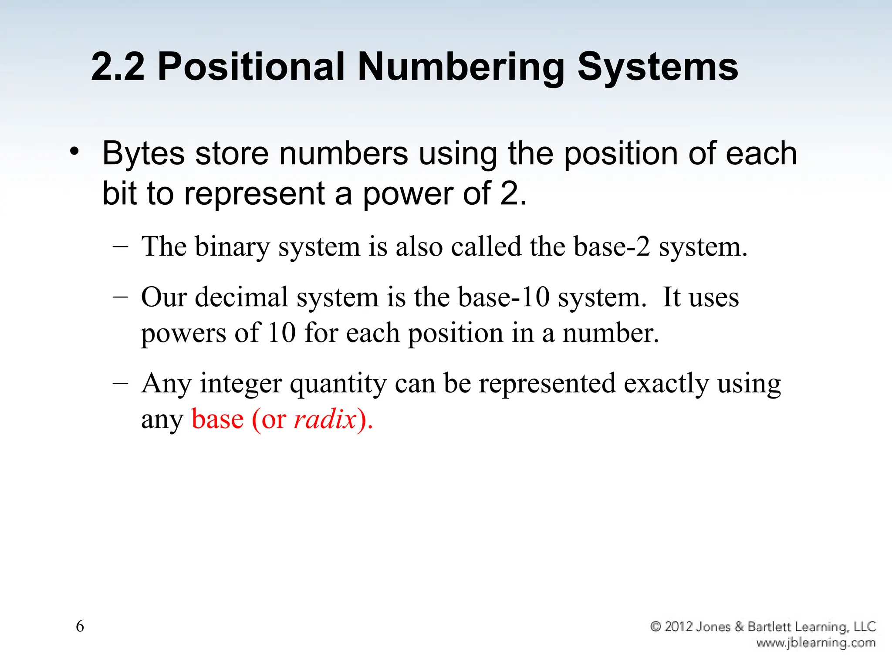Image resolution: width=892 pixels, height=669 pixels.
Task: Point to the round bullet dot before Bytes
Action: point(74,152)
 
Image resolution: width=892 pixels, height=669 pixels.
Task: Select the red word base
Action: point(217,419)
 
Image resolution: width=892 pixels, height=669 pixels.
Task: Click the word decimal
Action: point(242,297)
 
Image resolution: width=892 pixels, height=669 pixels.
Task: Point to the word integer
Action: point(241,384)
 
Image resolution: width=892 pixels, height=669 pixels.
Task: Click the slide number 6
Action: point(80,626)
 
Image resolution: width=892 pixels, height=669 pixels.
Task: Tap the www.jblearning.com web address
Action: point(816,642)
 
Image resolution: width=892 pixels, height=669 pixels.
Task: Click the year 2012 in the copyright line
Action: point(679,627)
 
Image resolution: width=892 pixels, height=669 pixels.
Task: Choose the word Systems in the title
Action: point(658,68)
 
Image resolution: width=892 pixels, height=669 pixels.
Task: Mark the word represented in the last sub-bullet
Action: point(547,383)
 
